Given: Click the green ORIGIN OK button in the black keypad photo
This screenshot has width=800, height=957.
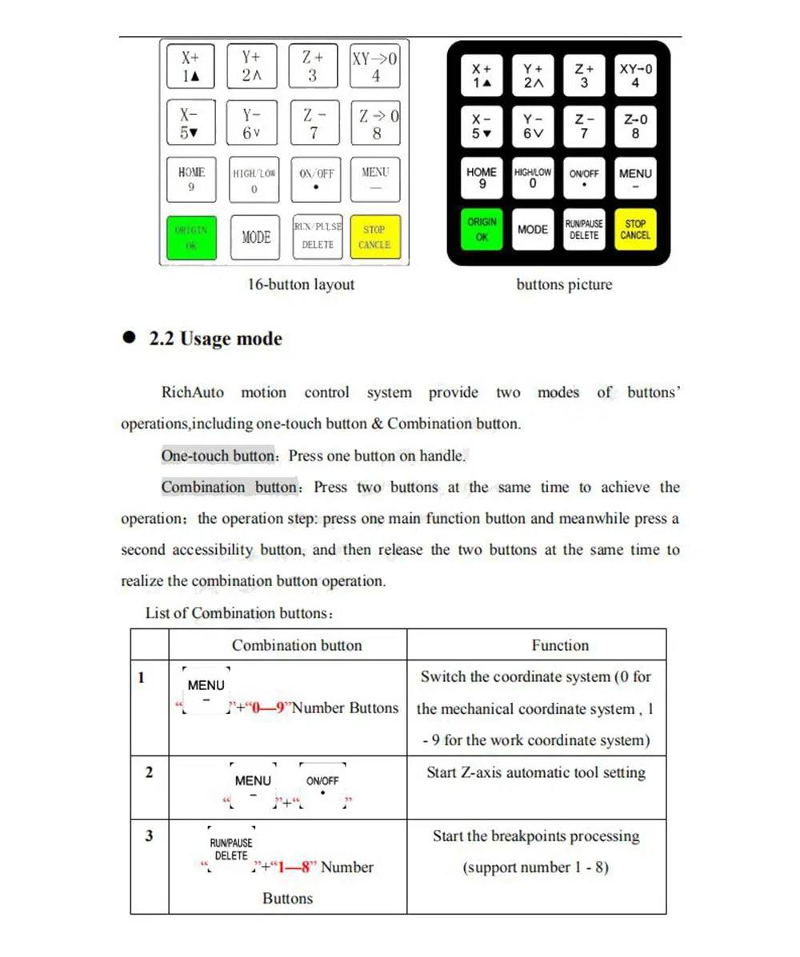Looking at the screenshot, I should (x=482, y=229).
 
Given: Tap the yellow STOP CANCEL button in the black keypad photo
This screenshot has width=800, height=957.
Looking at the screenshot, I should (x=635, y=229).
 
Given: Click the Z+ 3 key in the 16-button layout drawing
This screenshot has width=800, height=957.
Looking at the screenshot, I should (x=312, y=66).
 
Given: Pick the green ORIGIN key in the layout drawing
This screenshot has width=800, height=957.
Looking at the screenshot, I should (x=191, y=237).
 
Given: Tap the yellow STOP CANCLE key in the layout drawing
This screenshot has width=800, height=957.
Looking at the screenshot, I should (x=374, y=237).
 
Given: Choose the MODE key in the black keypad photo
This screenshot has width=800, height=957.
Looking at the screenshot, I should (x=533, y=229).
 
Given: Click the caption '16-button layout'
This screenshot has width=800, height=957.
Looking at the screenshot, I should (x=301, y=285).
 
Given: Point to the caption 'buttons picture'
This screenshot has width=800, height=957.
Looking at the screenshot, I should (x=564, y=285).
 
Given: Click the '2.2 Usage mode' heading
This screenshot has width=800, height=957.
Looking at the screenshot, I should (x=215, y=339).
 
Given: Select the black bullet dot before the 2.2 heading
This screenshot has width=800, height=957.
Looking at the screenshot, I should (x=129, y=338).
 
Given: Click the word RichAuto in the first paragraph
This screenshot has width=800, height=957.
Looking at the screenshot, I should (x=193, y=393).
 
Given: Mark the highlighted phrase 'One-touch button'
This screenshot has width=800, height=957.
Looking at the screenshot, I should (x=218, y=456).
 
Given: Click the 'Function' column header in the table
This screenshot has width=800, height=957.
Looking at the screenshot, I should (x=560, y=645).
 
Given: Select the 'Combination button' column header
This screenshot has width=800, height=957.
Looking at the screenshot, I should (x=297, y=645).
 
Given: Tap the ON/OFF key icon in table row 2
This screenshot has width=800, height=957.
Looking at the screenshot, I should (x=322, y=787).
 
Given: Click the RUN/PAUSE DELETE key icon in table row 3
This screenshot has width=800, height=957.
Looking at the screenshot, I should (x=231, y=850).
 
